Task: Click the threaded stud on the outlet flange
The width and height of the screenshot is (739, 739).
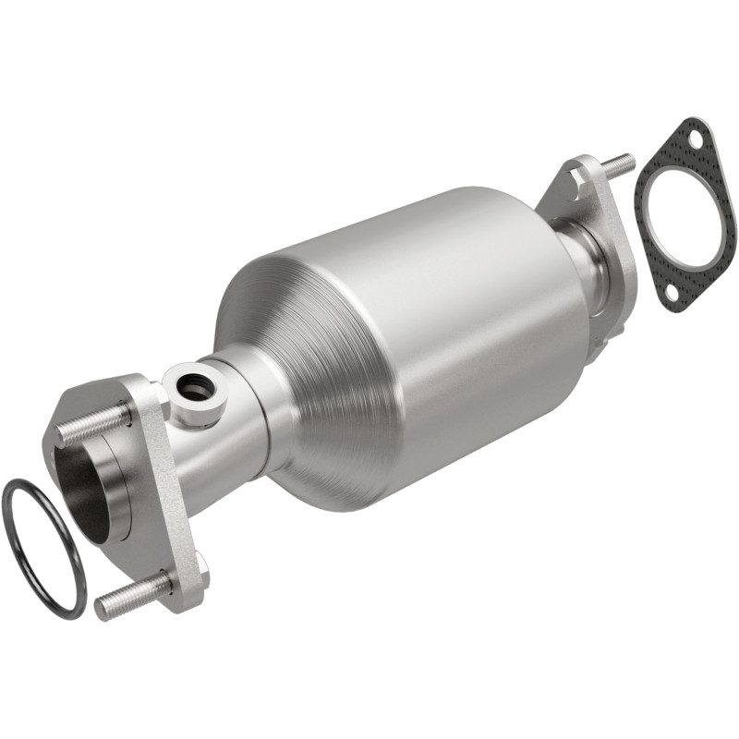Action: click(x=618, y=164)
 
